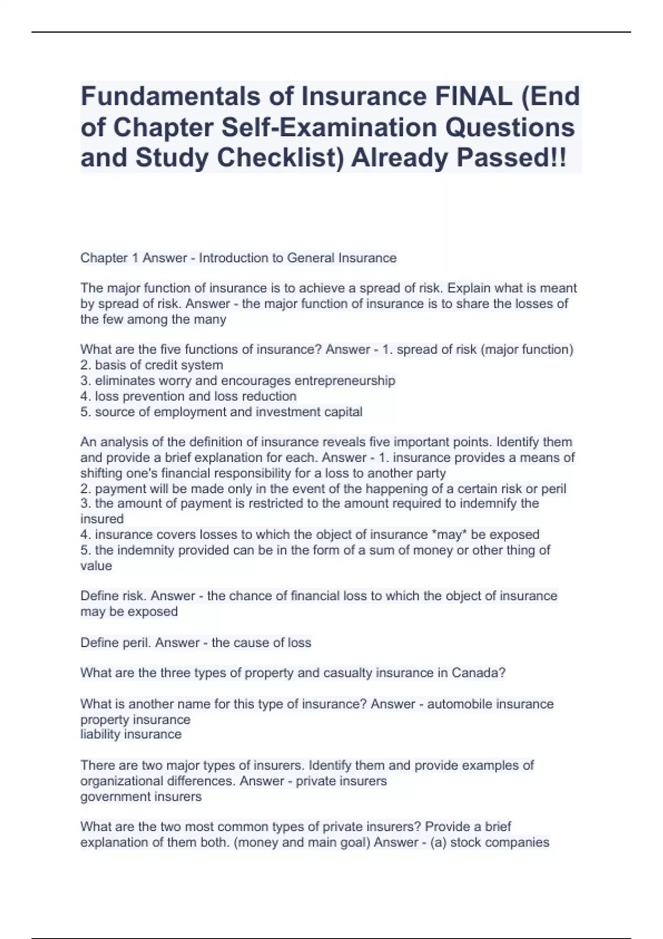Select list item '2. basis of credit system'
[152, 365]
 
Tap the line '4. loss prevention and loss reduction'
[188, 396]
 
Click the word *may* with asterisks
[448, 534]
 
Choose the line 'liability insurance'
[131, 734]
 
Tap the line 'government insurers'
[141, 796]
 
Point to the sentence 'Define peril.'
[115, 642]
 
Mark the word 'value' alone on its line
[96, 566]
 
